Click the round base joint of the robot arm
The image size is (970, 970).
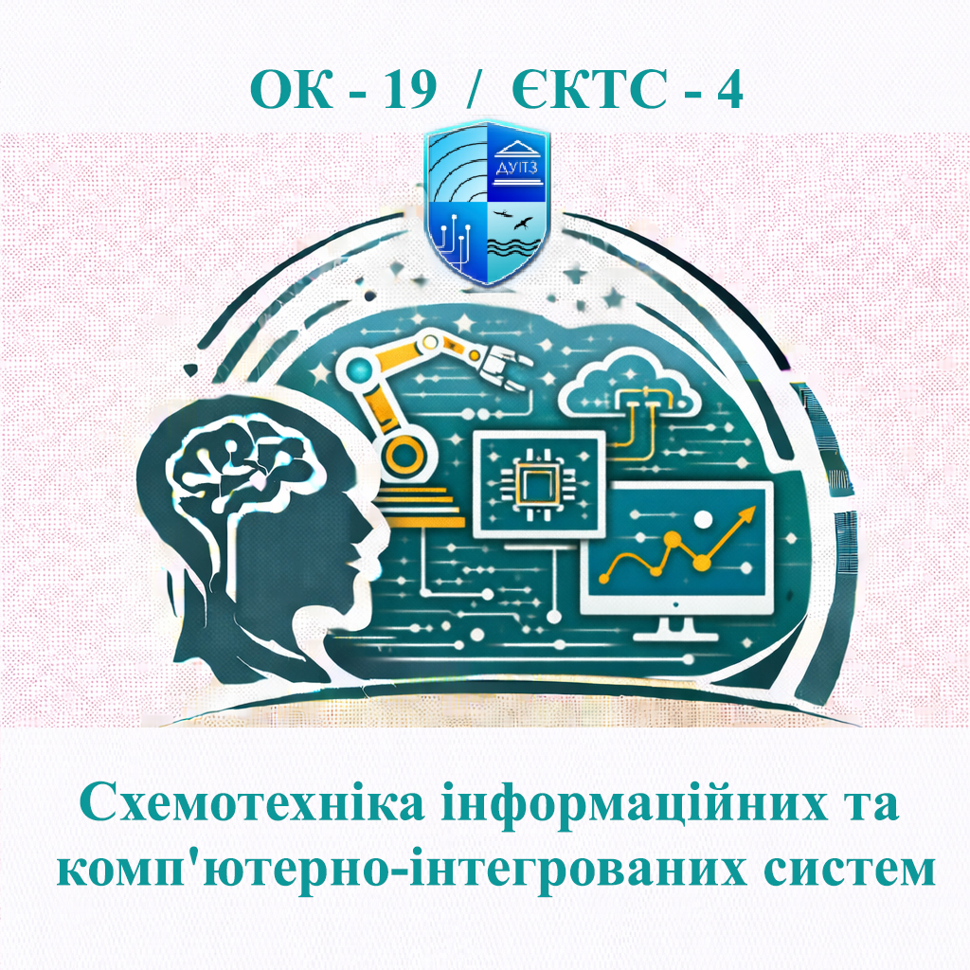coord(406,455)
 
